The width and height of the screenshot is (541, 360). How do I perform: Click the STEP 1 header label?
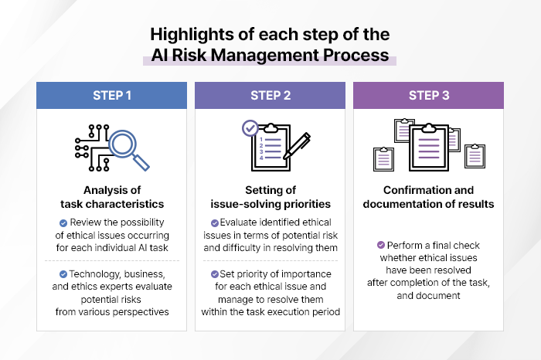[x=112, y=96]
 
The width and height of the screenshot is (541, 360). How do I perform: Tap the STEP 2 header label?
[x=270, y=96]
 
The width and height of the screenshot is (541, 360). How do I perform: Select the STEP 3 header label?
[x=429, y=96]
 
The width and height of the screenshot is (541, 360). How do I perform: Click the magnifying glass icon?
[x=128, y=149]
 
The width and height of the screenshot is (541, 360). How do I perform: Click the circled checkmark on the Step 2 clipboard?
[x=250, y=128]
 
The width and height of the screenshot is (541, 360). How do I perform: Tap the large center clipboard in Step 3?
[x=429, y=148]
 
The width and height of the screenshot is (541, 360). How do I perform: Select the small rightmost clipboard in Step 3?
[x=475, y=156]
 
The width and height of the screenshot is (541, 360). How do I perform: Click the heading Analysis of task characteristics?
[x=112, y=197]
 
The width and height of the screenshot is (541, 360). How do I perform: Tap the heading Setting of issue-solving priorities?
[x=270, y=197]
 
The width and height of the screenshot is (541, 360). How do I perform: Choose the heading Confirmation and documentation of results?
[x=428, y=197]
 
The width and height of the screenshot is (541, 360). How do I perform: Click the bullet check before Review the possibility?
[x=63, y=223]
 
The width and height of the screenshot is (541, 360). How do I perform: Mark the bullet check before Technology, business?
[x=63, y=274]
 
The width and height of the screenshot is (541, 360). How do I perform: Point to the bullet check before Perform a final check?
[x=381, y=245]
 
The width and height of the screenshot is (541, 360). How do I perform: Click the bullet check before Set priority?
[x=215, y=274]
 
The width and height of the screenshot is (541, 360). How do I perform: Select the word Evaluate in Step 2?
[x=238, y=222]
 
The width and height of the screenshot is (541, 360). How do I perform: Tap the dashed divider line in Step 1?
[x=112, y=260]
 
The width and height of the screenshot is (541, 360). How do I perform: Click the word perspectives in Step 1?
[x=141, y=312]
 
